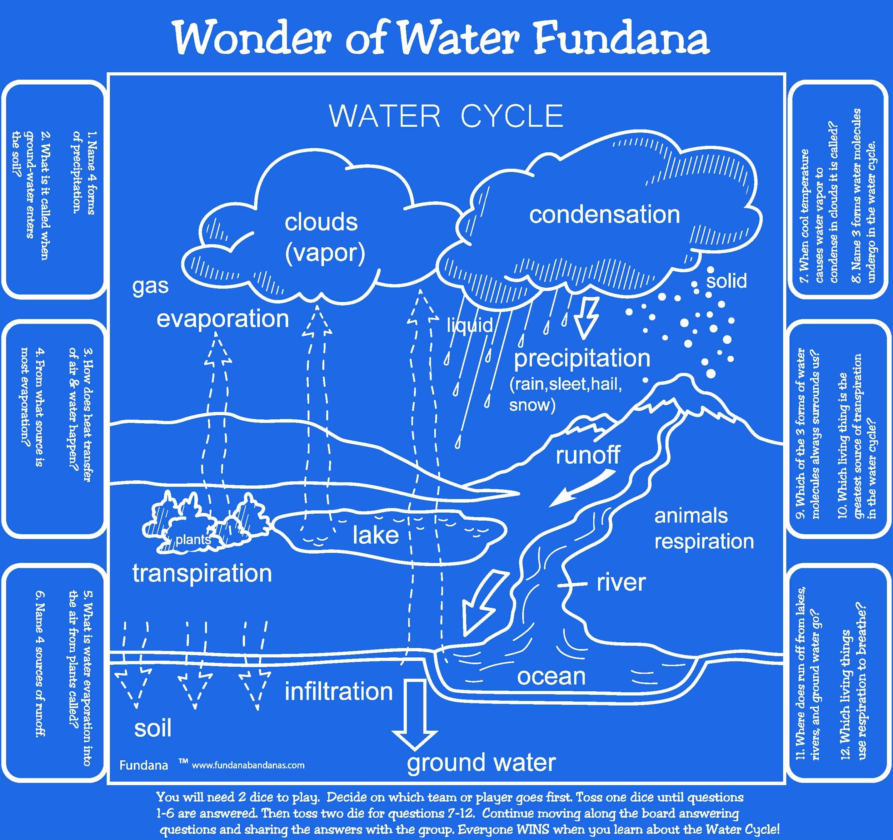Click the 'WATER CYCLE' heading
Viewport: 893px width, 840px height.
(446, 116)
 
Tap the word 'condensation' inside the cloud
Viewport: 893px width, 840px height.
(604, 214)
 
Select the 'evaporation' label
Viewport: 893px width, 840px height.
(222, 319)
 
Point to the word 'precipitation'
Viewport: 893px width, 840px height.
(582, 359)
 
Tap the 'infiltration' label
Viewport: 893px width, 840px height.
(339, 691)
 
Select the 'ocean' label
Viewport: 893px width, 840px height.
(551, 676)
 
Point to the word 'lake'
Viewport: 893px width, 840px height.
(375, 535)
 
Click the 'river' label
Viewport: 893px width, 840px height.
(621, 583)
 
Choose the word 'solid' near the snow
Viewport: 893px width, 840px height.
(726, 281)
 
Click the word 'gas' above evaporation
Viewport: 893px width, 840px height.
(150, 286)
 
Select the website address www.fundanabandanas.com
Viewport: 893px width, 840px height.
(248, 765)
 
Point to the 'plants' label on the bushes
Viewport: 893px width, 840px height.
(193, 539)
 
